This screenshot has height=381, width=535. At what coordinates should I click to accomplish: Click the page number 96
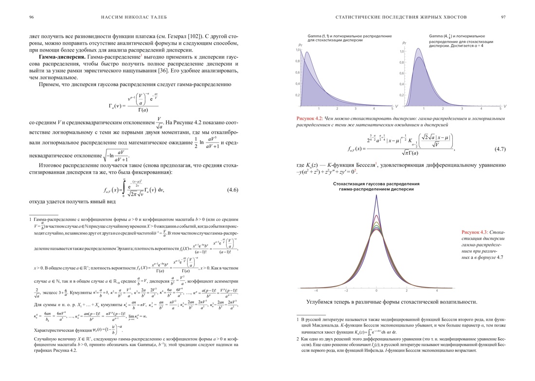pyautogui.click(x=32, y=17)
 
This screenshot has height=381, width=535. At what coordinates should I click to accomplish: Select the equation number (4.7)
pyautogui.click(x=500, y=148)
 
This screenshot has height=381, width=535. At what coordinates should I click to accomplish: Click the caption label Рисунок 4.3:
pyautogui.click(x=474, y=232)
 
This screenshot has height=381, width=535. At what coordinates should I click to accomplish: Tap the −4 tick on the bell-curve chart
pyautogui.click(x=316, y=290)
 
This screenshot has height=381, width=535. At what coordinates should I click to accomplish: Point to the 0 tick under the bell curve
pyautogui.click(x=376, y=290)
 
